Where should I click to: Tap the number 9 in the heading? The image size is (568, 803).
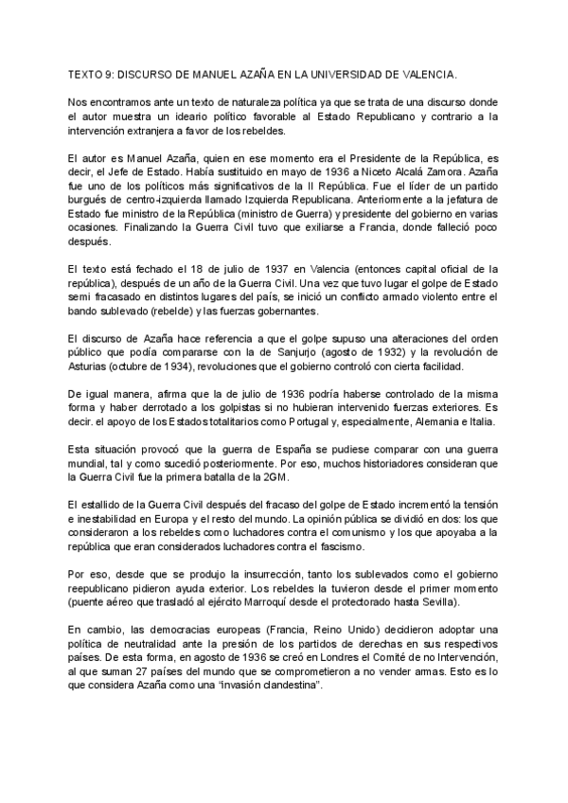(111, 73)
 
